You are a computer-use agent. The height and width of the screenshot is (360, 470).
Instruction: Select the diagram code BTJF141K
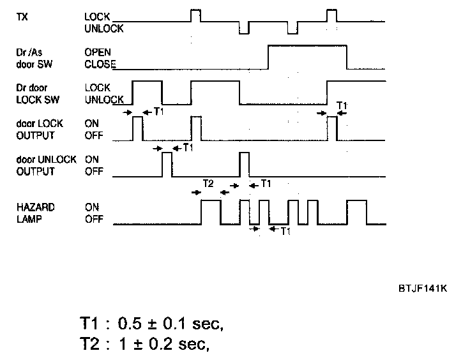[x=421, y=288]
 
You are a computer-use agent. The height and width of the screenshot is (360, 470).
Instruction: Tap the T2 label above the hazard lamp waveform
[x=208, y=183]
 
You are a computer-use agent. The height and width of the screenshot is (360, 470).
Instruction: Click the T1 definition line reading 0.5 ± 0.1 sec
[x=152, y=324]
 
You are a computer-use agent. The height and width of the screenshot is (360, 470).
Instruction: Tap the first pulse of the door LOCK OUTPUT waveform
[x=138, y=128]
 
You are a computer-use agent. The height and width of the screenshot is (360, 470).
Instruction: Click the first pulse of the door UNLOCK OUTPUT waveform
[x=167, y=164]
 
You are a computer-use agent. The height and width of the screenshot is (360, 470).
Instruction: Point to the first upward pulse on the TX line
[x=196, y=15]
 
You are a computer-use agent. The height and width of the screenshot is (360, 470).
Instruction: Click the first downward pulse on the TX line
[x=244, y=28]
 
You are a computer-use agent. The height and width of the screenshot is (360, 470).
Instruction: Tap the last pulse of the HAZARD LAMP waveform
[x=357, y=212]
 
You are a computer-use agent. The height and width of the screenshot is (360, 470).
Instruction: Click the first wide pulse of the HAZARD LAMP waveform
[x=211, y=212]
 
